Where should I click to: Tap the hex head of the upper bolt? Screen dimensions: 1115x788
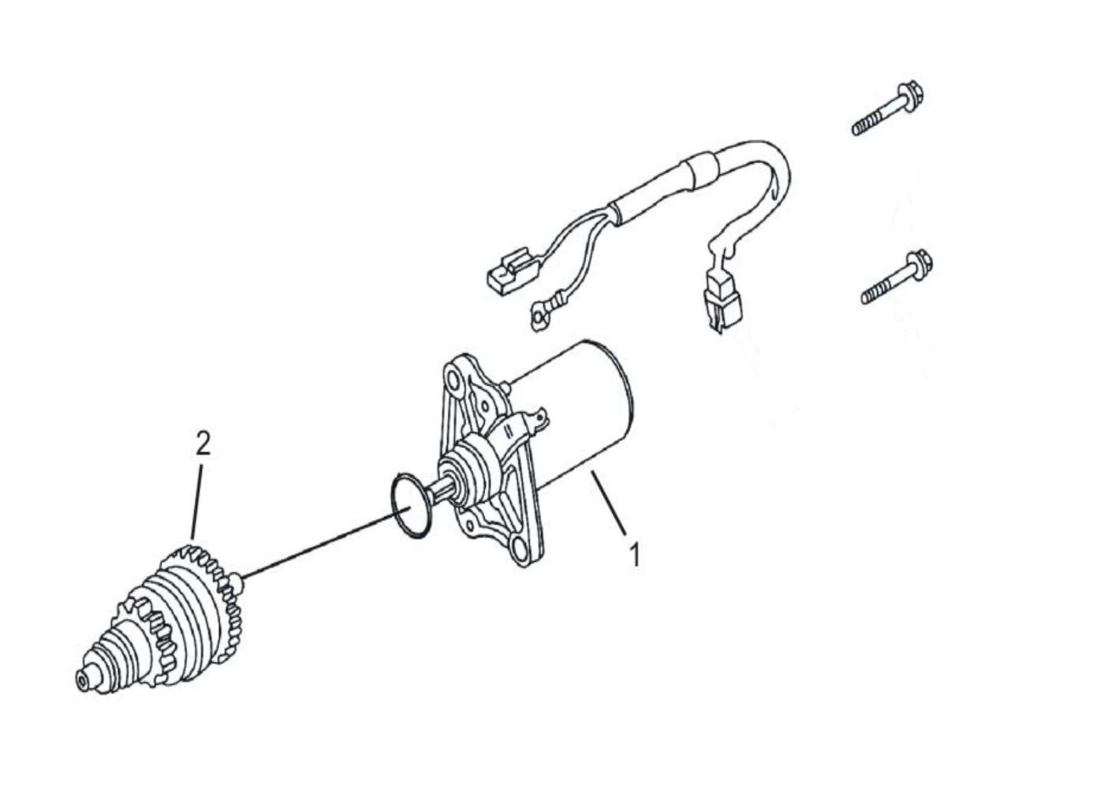[911, 95]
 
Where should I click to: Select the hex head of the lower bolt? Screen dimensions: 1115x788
[920, 265]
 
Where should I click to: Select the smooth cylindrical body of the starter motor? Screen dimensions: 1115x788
[577, 408]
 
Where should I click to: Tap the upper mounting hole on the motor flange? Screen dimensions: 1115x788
[453, 382]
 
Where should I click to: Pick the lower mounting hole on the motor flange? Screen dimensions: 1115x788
[520, 550]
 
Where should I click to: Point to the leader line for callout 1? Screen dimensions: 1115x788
[608, 504]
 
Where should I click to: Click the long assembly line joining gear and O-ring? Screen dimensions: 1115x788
[326, 542]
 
